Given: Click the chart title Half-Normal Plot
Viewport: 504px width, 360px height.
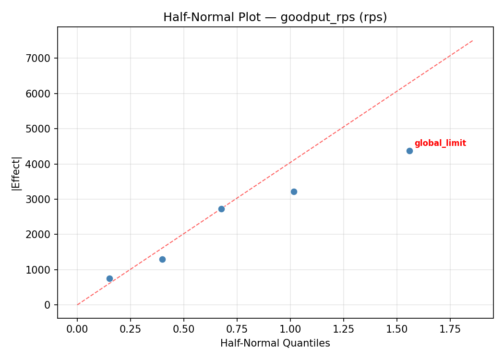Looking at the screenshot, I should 275,17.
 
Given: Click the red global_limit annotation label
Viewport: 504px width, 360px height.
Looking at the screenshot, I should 440,143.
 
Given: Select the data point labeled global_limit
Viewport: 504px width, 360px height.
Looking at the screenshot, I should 409,151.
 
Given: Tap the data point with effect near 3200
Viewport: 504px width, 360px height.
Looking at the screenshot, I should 294,192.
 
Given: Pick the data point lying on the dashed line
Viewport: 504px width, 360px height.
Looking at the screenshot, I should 221,209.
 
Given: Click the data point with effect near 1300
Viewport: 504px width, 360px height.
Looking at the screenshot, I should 162,259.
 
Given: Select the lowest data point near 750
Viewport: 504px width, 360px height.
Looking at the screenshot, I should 109,278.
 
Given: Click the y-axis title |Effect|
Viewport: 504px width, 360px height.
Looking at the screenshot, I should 16,173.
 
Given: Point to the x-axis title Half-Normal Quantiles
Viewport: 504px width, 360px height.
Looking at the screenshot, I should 275,343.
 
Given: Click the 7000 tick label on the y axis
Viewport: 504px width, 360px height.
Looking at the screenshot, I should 40,58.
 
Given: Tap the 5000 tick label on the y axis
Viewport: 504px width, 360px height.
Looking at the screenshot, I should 40,129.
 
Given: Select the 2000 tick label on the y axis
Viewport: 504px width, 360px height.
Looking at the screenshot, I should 40,234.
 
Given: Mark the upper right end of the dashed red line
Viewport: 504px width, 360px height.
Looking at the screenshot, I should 473,40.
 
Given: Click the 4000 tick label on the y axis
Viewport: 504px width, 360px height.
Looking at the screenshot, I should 40,164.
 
